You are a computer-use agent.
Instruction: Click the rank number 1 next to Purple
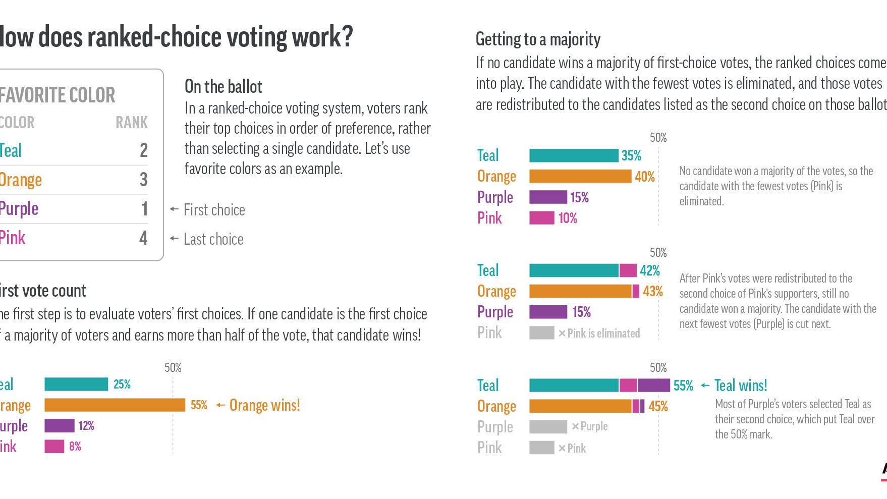[x=144, y=209]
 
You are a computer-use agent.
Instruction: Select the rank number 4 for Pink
[x=144, y=238]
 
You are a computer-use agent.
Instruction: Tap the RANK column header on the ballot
[x=132, y=123]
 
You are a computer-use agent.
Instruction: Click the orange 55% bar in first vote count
[x=115, y=405]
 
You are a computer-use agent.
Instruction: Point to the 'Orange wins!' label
[x=264, y=405]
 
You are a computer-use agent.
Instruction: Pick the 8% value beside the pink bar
[x=75, y=447]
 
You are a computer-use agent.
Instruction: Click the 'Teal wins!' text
[x=741, y=386]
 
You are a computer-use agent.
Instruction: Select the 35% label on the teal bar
[x=631, y=155]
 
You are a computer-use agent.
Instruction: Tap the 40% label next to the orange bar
[x=645, y=177]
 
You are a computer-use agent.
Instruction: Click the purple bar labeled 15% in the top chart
[x=548, y=197]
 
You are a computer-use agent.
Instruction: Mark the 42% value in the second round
[x=650, y=271]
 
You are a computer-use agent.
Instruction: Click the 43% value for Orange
[x=653, y=292]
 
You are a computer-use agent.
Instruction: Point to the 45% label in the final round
[x=658, y=407]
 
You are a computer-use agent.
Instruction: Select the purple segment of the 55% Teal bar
[x=653, y=385]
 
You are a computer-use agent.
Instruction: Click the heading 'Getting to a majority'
[x=538, y=39]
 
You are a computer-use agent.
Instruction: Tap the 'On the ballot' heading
[x=224, y=87]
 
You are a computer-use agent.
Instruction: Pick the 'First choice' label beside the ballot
[x=214, y=210]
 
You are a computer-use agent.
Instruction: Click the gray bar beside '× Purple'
[x=548, y=427]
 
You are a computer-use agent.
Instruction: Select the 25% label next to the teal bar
[x=122, y=384]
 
